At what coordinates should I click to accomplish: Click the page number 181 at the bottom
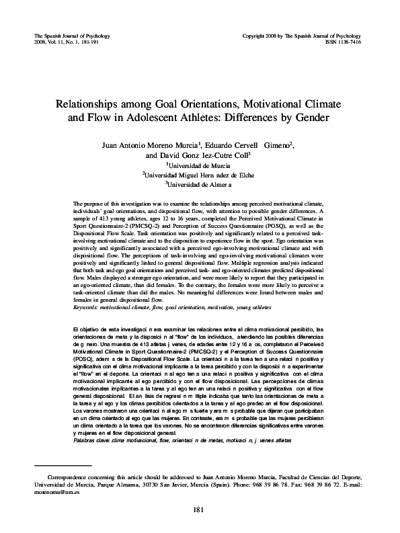[x=199, y=509]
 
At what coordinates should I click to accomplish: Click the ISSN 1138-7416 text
[x=360, y=40]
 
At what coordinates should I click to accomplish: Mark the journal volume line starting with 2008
[x=66, y=40]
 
